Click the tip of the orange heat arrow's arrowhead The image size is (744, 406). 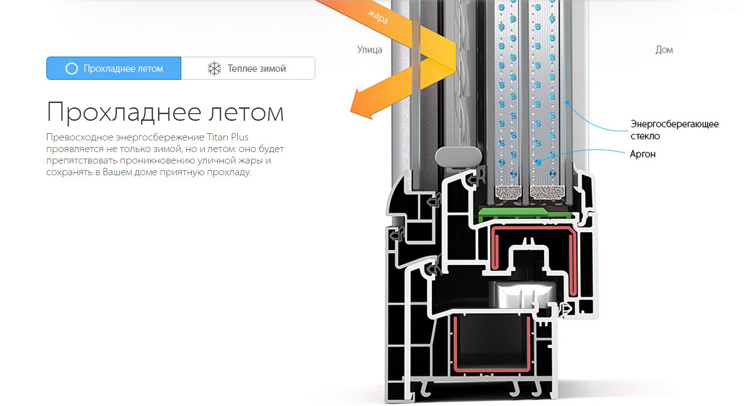point(351,111)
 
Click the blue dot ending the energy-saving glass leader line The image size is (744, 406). point(567,103)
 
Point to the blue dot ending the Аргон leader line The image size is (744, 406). point(538,163)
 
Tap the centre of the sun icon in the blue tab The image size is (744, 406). point(71,69)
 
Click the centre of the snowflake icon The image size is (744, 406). point(214,69)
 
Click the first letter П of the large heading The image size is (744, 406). point(56,112)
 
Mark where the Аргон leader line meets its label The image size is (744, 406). point(625,153)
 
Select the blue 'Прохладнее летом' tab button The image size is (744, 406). point(114,68)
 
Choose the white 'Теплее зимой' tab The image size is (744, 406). point(248,68)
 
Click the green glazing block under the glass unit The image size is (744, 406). point(525,213)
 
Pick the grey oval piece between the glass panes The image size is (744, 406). point(458,157)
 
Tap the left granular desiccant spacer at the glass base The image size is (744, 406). point(508,193)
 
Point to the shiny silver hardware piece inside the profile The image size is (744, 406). point(523,295)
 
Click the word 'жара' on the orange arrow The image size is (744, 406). point(378,16)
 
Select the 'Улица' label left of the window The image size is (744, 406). point(370,50)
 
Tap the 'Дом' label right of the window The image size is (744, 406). point(664,50)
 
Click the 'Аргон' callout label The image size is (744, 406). point(643,154)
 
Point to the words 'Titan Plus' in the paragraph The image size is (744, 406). point(228,137)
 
